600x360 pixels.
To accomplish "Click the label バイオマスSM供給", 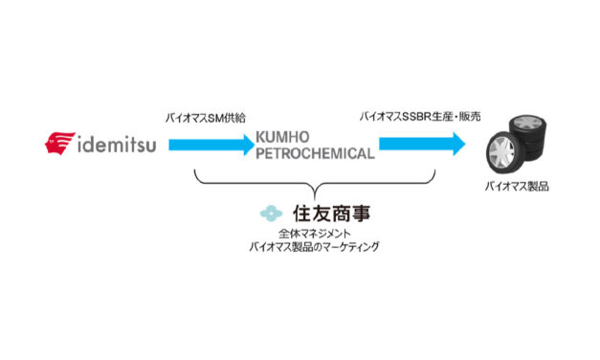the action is click(206, 117).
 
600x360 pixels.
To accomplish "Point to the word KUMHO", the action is click(283, 138).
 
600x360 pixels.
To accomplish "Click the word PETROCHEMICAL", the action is click(315, 153).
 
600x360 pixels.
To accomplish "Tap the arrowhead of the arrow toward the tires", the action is click(457, 145).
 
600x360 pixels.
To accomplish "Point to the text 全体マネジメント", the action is click(313, 234).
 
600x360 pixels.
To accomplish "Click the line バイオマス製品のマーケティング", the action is click(313, 247).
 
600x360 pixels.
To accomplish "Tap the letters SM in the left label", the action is click(215, 117).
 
